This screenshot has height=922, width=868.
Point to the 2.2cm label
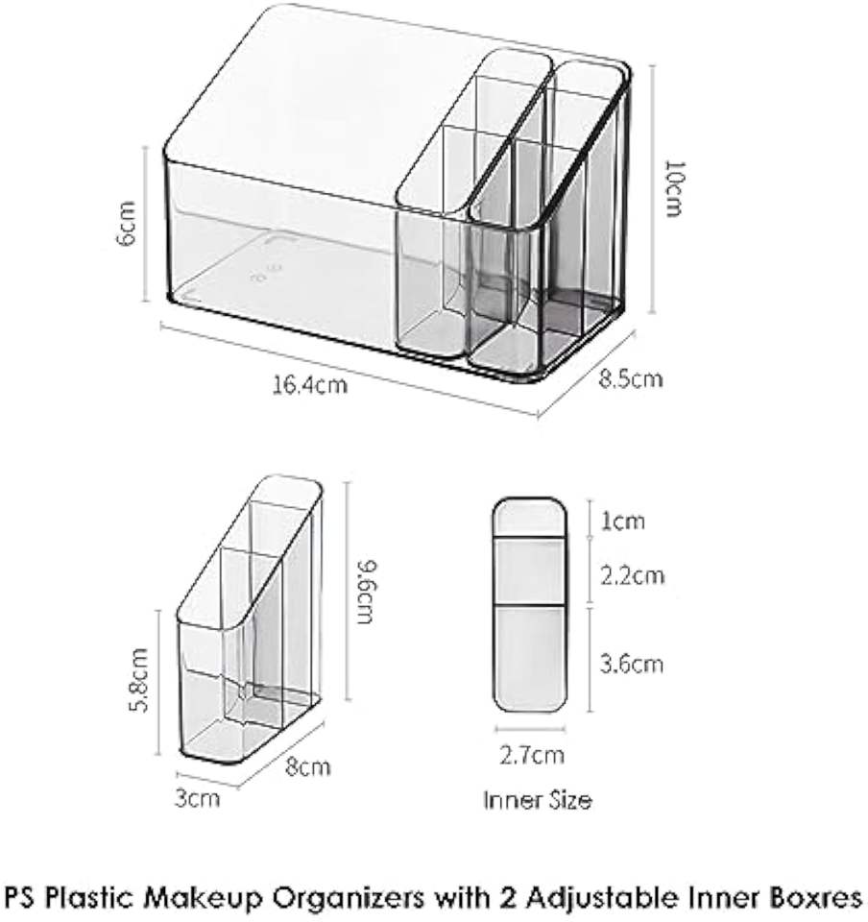(x=632, y=575)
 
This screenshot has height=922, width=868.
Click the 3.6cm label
(x=632, y=664)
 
